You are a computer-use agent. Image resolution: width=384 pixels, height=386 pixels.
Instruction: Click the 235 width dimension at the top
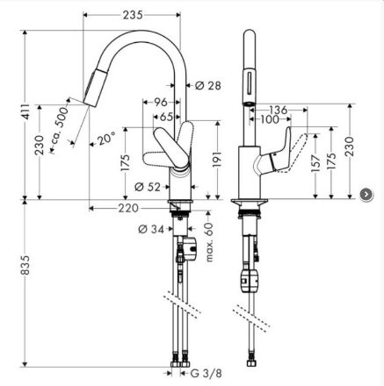[133, 15]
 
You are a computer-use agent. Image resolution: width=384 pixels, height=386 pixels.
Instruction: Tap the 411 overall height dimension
[26, 111]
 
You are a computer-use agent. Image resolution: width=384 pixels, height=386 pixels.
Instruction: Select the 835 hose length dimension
[25, 265]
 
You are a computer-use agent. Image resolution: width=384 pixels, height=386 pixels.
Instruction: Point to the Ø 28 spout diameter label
[208, 86]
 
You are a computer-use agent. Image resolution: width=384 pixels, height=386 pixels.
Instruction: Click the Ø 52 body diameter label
[148, 187]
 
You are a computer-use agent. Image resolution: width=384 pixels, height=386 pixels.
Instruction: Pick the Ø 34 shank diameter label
[151, 229]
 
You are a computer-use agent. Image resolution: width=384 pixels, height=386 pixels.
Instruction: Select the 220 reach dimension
[128, 208]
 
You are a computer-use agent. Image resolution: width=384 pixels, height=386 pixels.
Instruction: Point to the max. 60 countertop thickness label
[209, 242]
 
